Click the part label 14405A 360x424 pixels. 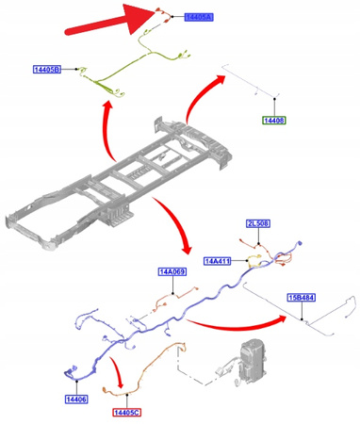click(x=199, y=17)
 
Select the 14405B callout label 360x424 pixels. click(x=47, y=69)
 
